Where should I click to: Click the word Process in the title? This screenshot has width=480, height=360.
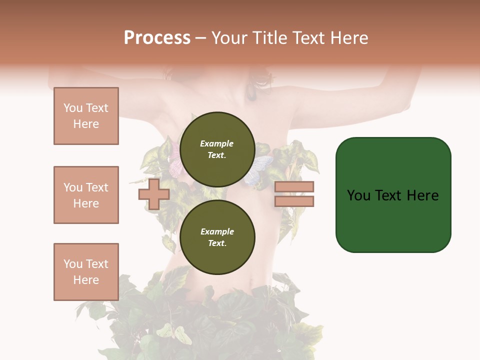157,38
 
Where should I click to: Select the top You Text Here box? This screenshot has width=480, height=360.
86,116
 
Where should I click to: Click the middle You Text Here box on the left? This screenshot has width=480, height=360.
86,195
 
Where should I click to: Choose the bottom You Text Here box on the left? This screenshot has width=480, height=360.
86,272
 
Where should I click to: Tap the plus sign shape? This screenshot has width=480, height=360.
154,194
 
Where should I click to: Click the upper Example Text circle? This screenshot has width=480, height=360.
217,149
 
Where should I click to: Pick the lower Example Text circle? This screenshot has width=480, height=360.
217,237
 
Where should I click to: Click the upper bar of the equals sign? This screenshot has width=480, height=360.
294,187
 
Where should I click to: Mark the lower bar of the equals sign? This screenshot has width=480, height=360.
294,201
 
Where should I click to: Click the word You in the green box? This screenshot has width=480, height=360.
359,195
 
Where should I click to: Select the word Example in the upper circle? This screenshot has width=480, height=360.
217,143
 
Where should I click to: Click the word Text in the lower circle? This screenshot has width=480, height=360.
217,243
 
